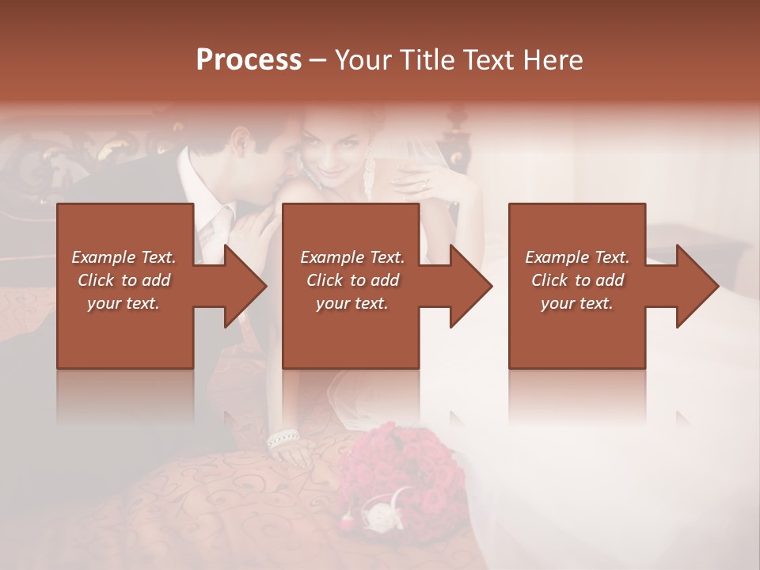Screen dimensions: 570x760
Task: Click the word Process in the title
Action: pyautogui.click(x=249, y=59)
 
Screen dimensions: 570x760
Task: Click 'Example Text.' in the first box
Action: pyautogui.click(x=123, y=257)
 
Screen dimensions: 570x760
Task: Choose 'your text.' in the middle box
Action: pyautogui.click(x=351, y=303)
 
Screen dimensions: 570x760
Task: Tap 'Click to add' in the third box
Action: pyautogui.click(x=577, y=280)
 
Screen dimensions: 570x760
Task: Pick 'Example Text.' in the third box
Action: pyautogui.click(x=577, y=257)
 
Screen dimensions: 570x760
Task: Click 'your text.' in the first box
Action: pyautogui.click(x=123, y=303)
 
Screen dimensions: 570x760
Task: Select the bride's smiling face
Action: pyautogui.click(x=336, y=150)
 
